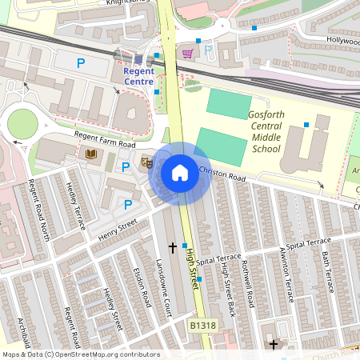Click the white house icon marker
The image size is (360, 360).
tap(179, 173)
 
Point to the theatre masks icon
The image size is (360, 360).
tap(146, 163)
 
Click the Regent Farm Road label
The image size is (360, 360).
tap(105, 139)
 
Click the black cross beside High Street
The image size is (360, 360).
tap(172, 247)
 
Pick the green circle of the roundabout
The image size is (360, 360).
tap(22, 124)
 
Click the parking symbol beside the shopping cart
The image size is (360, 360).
tap(208, 50)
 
